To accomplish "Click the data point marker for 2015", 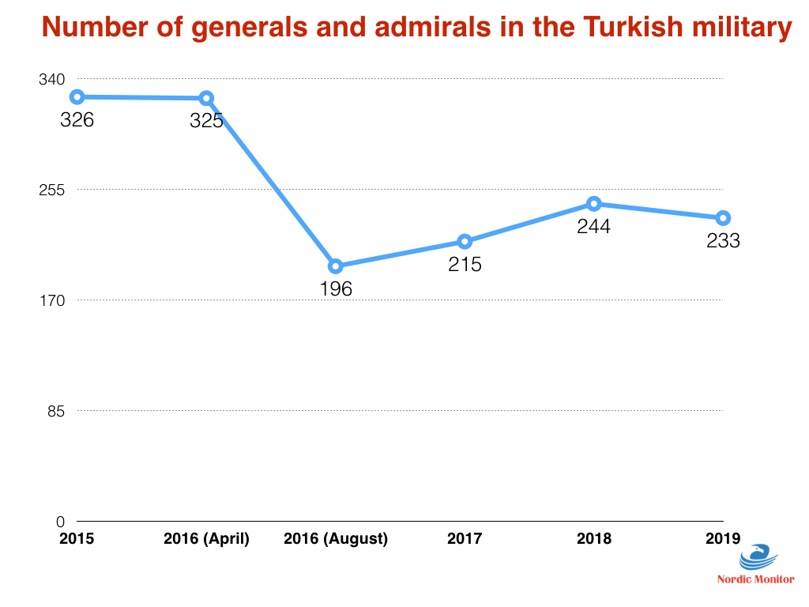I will point(77,97).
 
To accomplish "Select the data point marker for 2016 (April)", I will point(206,98).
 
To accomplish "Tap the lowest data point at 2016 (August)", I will point(336,266).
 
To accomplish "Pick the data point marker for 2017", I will point(465,241).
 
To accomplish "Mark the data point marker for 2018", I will point(594,204).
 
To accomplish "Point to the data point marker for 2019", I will point(723,218).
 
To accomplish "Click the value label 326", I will point(77,121).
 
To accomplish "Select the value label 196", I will point(336,289).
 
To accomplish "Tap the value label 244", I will point(593,227).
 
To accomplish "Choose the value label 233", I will point(723,241).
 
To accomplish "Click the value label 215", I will point(465,265).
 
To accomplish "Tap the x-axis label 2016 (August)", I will point(336,539).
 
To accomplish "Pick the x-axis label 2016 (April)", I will point(206,539).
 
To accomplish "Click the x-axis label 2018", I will point(594,539).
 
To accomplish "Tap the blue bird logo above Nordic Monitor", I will point(754,558).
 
